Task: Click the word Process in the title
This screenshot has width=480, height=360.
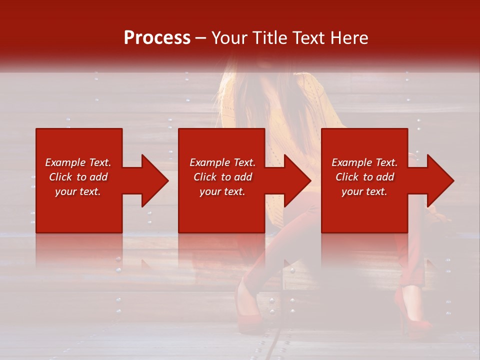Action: coord(157,38)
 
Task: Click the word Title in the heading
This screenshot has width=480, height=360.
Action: coord(269,38)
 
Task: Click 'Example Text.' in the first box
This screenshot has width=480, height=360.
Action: coord(78,162)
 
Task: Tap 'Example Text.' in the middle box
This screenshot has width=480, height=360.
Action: coord(222,162)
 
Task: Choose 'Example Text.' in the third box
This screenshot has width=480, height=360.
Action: coord(364,162)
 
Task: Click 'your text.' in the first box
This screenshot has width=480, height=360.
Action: coord(78,191)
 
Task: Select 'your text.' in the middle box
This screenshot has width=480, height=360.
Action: coord(222,191)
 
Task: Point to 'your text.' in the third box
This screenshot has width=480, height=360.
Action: coord(364,191)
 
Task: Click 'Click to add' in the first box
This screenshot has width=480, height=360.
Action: coord(78,177)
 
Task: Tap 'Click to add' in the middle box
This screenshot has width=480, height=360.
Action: coord(222,177)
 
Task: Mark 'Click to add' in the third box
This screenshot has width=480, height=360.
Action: coord(364,177)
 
